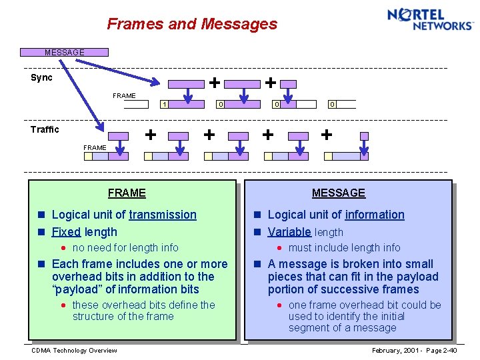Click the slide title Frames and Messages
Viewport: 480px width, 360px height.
click(x=192, y=24)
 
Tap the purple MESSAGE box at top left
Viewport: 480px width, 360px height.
click(x=64, y=52)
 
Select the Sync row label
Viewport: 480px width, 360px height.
click(x=41, y=78)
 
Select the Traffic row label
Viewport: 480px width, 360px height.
click(x=45, y=129)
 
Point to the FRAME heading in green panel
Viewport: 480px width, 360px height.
click(x=127, y=193)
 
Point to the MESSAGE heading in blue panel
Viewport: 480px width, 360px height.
click(x=339, y=193)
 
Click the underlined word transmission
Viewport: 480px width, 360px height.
click(x=163, y=215)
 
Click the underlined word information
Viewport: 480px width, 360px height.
click(x=374, y=215)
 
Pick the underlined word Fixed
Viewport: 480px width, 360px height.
click(x=65, y=232)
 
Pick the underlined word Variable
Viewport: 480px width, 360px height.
click(x=289, y=232)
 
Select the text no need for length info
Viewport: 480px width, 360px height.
click(x=125, y=247)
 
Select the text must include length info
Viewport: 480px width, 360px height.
click(x=344, y=247)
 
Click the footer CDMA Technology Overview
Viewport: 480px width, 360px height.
click(x=74, y=351)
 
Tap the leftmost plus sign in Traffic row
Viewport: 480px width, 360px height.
click(x=151, y=134)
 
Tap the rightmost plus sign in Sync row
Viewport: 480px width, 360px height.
click(x=270, y=83)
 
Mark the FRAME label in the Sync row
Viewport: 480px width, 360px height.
click(x=124, y=95)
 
